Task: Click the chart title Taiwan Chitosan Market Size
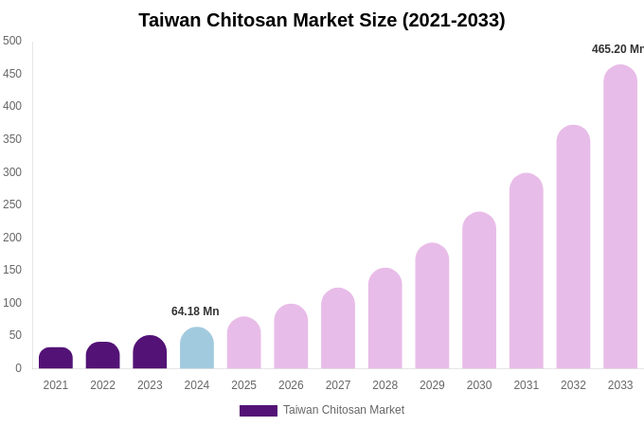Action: tap(322, 20)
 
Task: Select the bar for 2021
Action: tap(56, 359)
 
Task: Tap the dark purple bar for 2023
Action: tap(150, 352)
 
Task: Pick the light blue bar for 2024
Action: tap(197, 348)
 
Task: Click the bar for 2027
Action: tap(338, 328)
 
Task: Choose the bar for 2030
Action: tap(479, 291)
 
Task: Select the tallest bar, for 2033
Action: tap(620, 217)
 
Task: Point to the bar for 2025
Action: tap(243, 343)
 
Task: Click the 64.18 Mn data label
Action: tap(195, 311)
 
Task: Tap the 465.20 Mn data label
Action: tap(617, 49)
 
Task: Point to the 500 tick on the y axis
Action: tap(12, 41)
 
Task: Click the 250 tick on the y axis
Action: tap(12, 204)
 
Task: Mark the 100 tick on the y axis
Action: tap(12, 303)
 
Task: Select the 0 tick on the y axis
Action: tap(17, 368)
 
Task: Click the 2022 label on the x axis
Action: tap(102, 385)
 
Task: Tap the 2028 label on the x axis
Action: tap(385, 385)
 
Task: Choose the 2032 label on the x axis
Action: tap(573, 385)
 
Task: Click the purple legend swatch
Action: tap(258, 411)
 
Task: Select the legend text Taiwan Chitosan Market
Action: tap(344, 410)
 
